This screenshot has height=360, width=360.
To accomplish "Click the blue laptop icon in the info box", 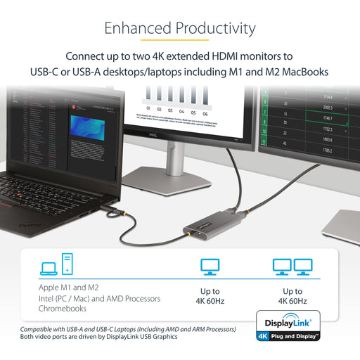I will point(49,269).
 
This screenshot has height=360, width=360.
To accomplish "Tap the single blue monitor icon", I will point(210,267).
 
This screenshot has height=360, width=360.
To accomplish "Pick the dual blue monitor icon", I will point(292,267).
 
